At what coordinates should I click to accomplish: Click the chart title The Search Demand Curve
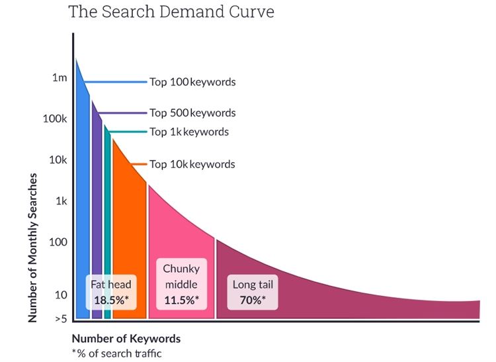(171, 12)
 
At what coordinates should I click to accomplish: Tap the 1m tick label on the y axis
(60, 78)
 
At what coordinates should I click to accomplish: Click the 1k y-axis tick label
(61, 201)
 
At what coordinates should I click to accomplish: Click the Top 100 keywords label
(192, 83)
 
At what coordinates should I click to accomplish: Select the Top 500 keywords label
(192, 113)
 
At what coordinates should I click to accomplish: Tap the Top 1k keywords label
(189, 132)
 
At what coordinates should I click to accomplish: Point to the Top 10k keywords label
(192, 164)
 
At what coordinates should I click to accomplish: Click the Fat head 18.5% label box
(111, 292)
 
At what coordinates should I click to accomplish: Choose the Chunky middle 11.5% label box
(181, 284)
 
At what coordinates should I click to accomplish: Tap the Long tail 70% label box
(253, 292)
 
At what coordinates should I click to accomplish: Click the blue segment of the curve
(83, 199)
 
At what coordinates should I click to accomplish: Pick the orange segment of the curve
(129, 225)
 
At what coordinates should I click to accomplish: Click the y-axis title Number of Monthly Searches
(32, 248)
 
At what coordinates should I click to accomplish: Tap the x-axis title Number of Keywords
(126, 339)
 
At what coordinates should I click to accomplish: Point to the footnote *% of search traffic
(116, 353)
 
